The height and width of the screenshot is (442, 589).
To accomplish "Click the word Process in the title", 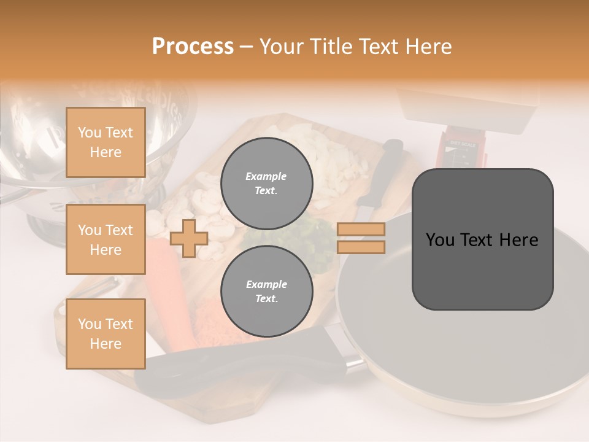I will point(193,47).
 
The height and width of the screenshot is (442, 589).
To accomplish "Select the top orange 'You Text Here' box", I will point(106,142).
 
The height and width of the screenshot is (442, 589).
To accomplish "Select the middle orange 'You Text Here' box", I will point(106,239).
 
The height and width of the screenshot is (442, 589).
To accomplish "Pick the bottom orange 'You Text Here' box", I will point(106,333).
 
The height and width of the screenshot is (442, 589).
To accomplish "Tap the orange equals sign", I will point(361,238).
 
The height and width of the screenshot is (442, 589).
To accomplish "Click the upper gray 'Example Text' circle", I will point(266,183).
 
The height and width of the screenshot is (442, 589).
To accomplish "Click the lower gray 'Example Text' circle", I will point(266,291).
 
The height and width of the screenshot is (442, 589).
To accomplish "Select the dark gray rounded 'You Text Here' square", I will point(482,239).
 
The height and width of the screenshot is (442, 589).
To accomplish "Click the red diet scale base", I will point(460,150).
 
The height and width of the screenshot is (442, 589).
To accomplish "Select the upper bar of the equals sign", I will point(361,230).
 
